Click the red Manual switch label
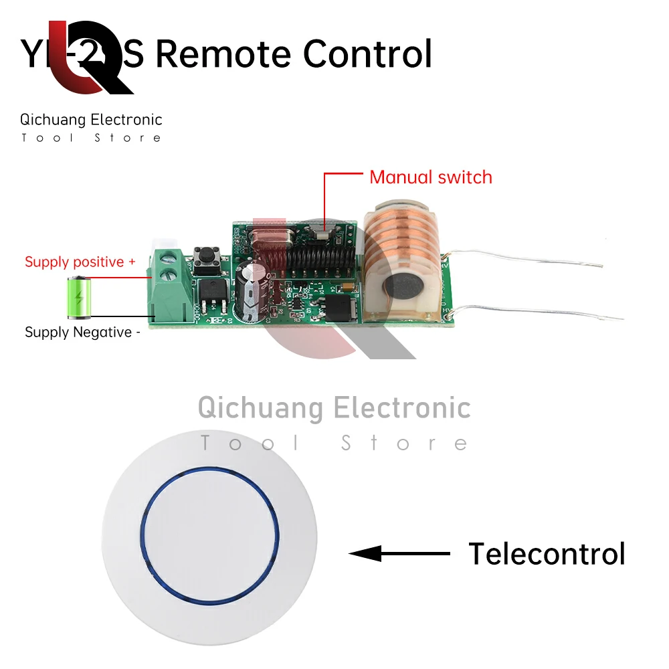[x=430, y=177]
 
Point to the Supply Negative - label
[x=82, y=332]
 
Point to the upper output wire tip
[x=600, y=266]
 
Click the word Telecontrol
[x=547, y=554]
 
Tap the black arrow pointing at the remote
[x=399, y=554]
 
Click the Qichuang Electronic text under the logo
[x=91, y=120]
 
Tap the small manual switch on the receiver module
[x=324, y=233]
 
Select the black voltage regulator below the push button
[x=210, y=297]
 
